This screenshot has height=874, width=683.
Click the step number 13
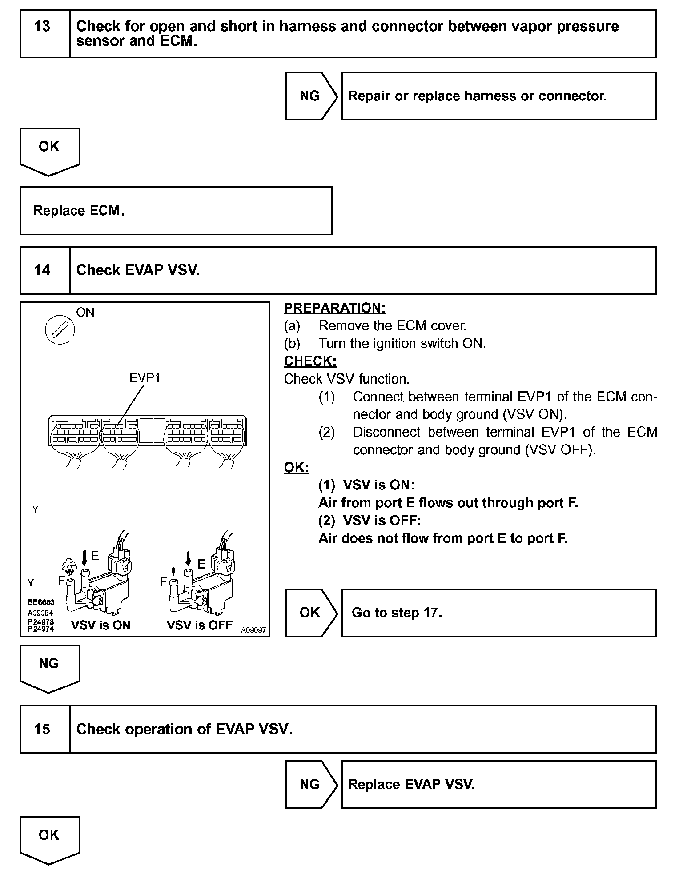(x=42, y=27)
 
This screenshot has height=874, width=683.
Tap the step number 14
(x=42, y=270)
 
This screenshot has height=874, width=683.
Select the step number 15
(x=42, y=729)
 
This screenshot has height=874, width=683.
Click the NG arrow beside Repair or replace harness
(x=310, y=96)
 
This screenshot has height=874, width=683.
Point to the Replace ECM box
(x=176, y=210)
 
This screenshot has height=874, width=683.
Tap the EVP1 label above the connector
(x=145, y=377)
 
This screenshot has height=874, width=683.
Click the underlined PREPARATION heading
(x=334, y=308)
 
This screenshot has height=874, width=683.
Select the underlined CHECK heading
(x=310, y=361)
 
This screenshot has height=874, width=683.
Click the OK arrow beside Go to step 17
(x=310, y=613)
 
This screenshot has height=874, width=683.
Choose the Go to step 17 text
(x=397, y=613)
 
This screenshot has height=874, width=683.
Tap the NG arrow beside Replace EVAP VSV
(x=310, y=784)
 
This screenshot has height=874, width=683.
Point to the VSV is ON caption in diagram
(x=100, y=625)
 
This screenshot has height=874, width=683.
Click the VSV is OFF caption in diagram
(x=199, y=625)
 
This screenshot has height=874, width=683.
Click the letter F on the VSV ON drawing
(x=61, y=581)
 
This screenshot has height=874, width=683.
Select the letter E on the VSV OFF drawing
(x=201, y=564)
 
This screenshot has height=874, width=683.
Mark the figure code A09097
(x=253, y=629)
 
